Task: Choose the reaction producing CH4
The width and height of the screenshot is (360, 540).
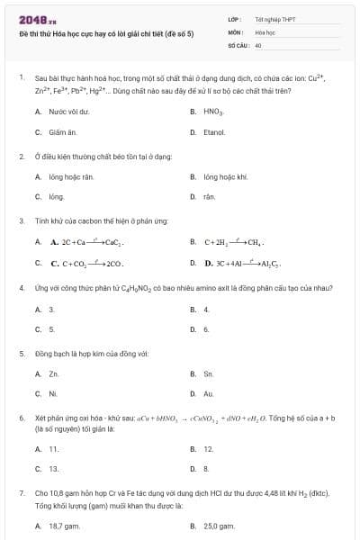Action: tap(232, 242)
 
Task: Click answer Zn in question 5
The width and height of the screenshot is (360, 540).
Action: tap(54, 373)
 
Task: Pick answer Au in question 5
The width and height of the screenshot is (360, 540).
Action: tap(209, 393)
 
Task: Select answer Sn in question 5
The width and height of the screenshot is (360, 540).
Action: tap(209, 373)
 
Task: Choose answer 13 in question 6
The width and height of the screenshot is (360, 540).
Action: tap(54, 468)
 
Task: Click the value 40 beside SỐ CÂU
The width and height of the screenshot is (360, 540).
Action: tap(258, 44)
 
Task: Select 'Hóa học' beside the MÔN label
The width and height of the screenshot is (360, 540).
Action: tap(265, 31)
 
